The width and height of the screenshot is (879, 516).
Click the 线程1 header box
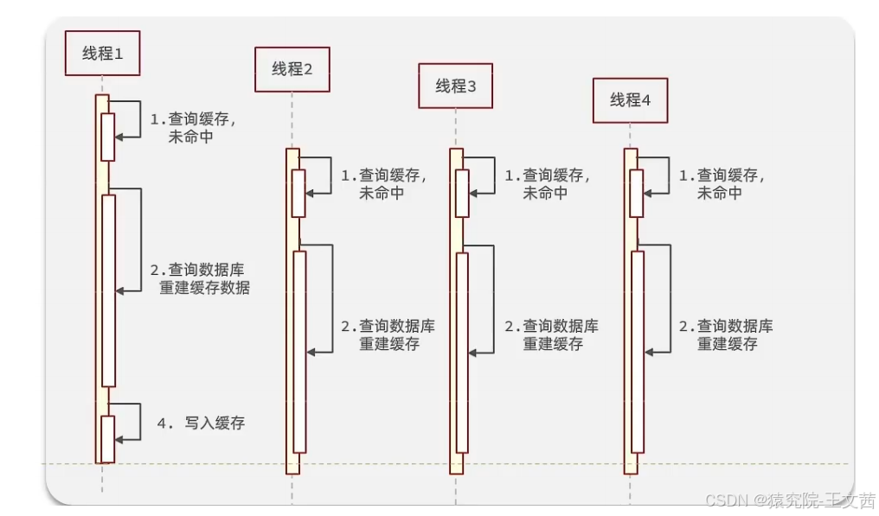click(103, 54)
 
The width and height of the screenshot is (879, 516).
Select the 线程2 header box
click(292, 69)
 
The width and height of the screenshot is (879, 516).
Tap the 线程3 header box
click(456, 86)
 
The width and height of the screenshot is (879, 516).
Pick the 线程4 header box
click(630, 100)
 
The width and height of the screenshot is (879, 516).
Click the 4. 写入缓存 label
click(202, 423)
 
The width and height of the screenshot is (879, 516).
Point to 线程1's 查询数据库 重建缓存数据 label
click(200, 278)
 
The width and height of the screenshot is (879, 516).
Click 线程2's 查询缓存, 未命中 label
click(384, 184)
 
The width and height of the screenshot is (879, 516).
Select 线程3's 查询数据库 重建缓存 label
click(552, 334)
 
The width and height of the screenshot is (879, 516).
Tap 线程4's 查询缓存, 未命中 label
click(722, 184)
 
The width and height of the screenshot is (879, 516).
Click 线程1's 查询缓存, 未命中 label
click(194, 128)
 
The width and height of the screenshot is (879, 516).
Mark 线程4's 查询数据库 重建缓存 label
click(726, 334)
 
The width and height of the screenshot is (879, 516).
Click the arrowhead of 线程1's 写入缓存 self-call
click(119, 440)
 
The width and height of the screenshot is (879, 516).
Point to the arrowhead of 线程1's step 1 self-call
click(119, 137)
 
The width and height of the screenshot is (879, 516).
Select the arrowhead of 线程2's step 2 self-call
click(311, 353)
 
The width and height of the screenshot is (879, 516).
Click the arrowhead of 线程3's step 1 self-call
click(473, 194)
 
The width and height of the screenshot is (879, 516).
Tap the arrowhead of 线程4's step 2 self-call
click(649, 353)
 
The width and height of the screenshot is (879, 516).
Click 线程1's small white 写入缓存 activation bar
click(108, 439)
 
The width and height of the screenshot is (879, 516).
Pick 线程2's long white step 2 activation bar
click(300, 352)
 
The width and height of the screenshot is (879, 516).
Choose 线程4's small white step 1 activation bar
click(636, 194)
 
